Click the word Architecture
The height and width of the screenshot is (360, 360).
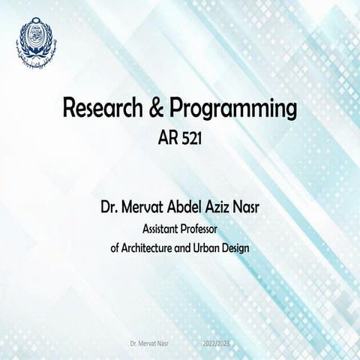(158, 248)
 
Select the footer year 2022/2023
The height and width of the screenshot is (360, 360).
(217, 343)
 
